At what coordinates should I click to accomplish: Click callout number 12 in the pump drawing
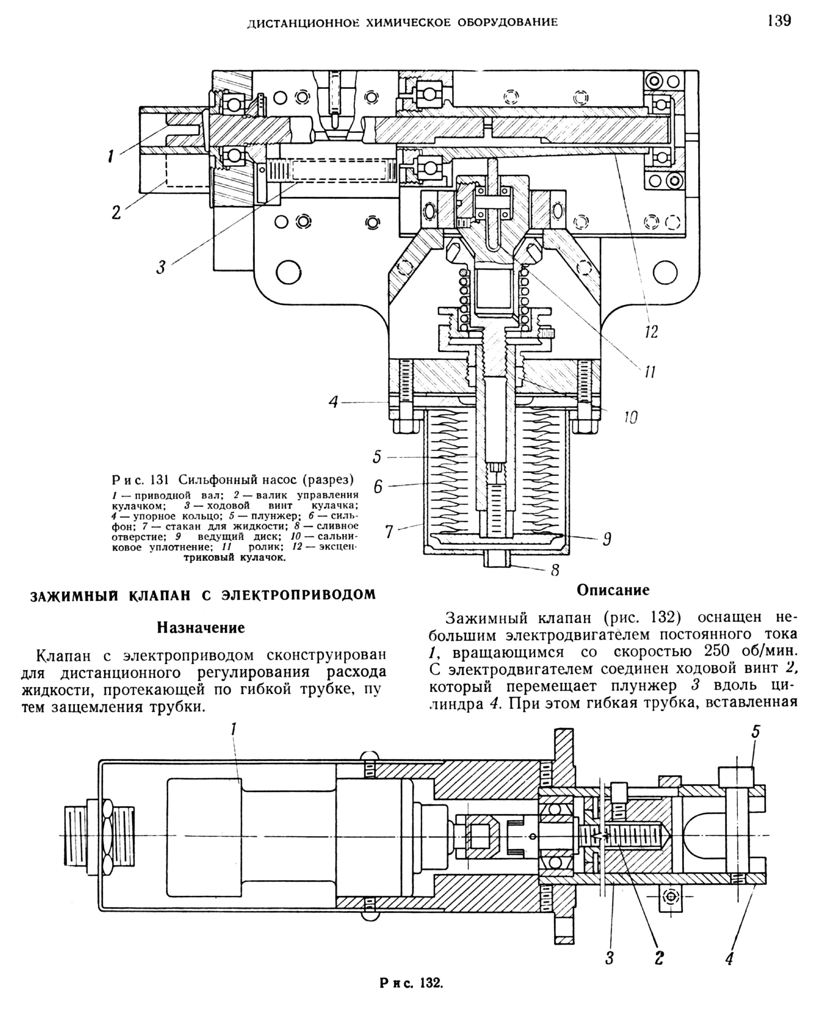[651, 332]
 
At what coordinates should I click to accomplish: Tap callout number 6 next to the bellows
[378, 486]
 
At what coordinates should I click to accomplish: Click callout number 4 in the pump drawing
[334, 402]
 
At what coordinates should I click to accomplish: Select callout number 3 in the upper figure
[161, 267]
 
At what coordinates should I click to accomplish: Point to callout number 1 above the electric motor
[233, 743]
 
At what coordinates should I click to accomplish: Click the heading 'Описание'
[613, 590]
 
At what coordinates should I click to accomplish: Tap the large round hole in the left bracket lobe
[287, 273]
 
